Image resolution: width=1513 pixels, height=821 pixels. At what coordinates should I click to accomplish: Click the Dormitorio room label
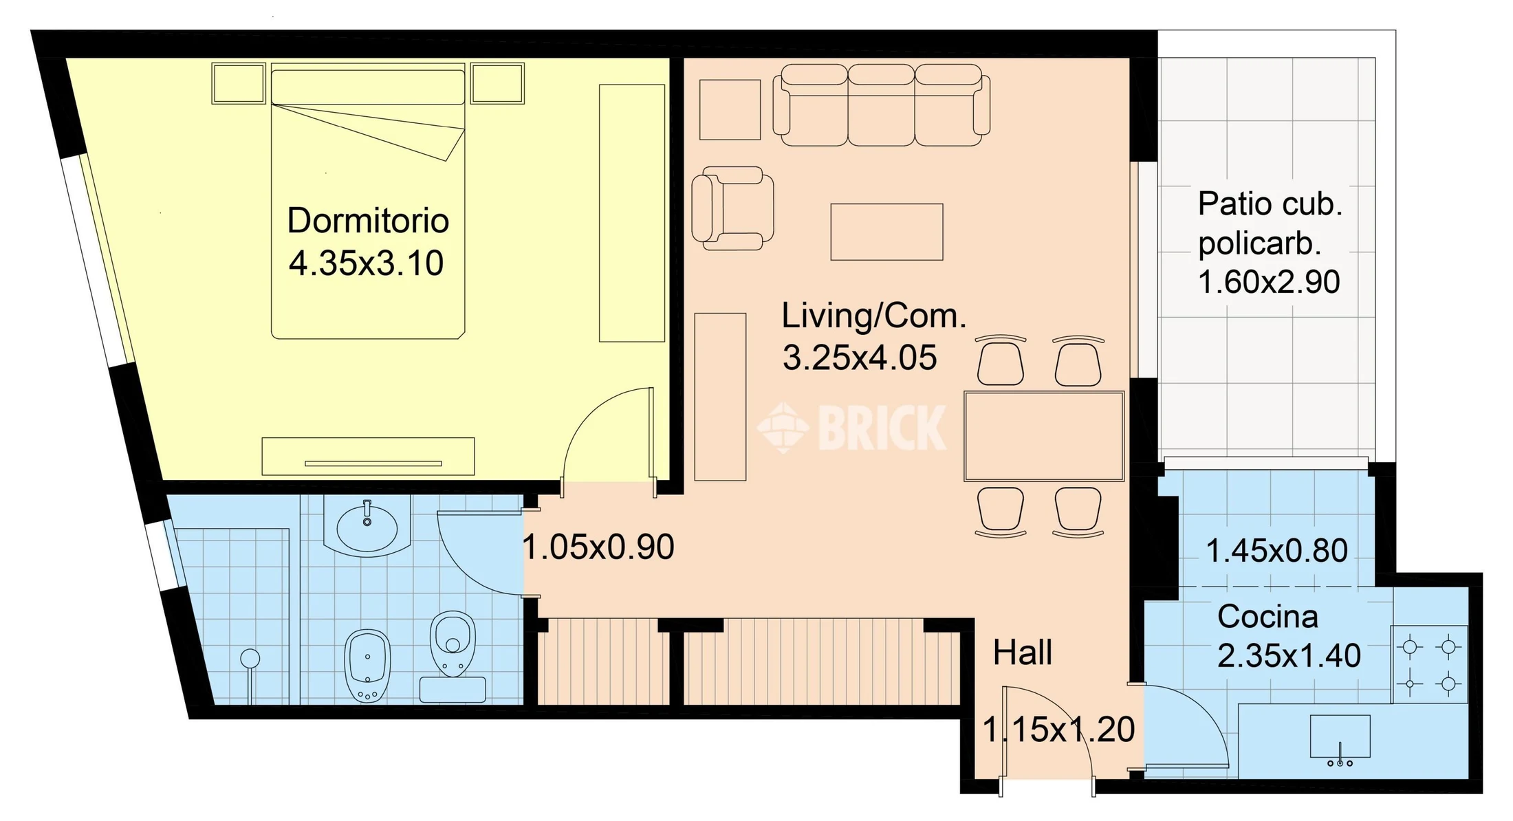(368, 221)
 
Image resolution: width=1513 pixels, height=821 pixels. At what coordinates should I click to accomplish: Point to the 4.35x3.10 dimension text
(366, 263)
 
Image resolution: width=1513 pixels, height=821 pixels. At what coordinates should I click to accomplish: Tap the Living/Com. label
(874, 316)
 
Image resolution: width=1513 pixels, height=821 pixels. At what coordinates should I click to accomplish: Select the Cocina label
(1267, 617)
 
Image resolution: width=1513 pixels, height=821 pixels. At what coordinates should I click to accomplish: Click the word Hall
(1023, 653)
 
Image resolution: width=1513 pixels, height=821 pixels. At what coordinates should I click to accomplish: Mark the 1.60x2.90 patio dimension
(1269, 282)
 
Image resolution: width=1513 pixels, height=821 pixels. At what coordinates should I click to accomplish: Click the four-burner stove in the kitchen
(1429, 664)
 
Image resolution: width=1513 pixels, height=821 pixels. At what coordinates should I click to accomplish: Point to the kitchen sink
(1340, 736)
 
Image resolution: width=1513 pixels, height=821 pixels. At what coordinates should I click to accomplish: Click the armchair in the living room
(732, 208)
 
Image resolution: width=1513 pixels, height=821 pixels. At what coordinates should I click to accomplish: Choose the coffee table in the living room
(886, 232)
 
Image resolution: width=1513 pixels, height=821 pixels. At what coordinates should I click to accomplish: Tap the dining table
(1044, 436)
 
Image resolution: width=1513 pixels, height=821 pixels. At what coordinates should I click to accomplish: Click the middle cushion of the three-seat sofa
(881, 105)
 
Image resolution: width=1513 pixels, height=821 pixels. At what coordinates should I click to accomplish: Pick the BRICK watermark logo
(852, 428)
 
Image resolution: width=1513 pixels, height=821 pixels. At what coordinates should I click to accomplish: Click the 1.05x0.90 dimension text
(598, 547)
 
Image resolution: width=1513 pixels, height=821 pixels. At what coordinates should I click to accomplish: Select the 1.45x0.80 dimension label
(1276, 551)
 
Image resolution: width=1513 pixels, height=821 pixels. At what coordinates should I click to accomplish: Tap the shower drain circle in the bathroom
(250, 659)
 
